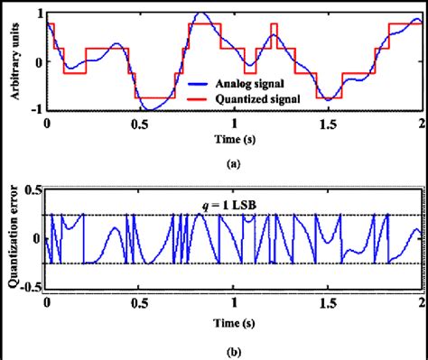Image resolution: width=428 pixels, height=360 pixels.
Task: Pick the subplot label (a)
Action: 234,165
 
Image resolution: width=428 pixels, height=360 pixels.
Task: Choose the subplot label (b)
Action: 234,346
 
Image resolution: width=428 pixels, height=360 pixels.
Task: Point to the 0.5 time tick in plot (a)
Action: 140,122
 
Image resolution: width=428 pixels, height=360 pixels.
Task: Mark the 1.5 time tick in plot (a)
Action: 328,122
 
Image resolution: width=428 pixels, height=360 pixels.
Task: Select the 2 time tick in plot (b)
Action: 422,301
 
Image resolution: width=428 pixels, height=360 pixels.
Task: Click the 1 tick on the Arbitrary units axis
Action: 37,14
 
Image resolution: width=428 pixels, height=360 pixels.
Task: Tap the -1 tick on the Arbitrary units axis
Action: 34,109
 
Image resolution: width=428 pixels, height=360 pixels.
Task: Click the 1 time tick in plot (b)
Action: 234,301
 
